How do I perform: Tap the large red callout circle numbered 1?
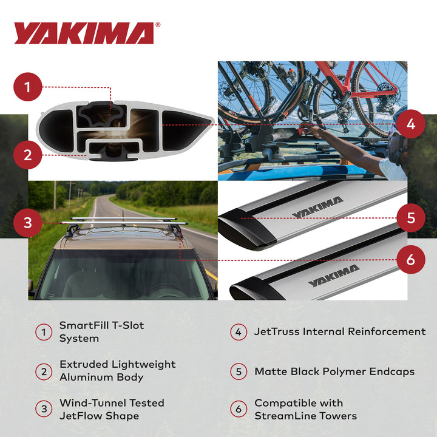[x=27, y=87]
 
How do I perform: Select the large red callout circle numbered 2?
[x=27, y=154]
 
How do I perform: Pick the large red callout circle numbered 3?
[x=27, y=223]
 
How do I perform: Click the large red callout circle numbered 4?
[x=411, y=124]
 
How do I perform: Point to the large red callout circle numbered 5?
[x=411, y=218]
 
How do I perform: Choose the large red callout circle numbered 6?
[x=411, y=260]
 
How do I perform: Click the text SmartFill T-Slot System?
[x=101, y=332]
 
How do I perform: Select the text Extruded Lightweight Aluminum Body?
[x=117, y=371]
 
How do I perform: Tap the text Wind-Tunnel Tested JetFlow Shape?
[x=112, y=409]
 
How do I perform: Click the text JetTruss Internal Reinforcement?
[x=340, y=332]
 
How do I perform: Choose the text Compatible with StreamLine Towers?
[x=305, y=409]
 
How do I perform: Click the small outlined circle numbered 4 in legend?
[x=239, y=332]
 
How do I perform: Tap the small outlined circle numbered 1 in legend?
[x=43, y=332]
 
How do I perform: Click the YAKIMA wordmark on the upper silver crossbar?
[x=317, y=207]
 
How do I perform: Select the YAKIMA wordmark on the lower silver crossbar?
[x=333, y=275]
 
